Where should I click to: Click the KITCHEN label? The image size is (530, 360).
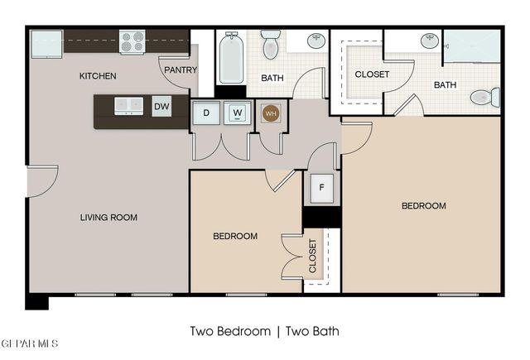98,76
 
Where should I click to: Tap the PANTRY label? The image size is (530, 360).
180,70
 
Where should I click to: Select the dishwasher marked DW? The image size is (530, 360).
161,106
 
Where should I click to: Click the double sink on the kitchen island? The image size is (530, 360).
128,105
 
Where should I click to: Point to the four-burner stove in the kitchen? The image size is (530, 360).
132,41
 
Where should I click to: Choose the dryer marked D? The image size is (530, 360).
205,113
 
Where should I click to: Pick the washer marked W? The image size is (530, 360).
238,113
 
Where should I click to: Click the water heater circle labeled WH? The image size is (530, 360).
271,113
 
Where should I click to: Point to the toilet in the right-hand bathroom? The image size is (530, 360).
484,98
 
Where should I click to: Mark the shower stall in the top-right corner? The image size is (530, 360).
471,46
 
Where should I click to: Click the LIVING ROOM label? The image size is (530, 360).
108,218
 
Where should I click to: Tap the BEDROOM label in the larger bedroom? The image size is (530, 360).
424,206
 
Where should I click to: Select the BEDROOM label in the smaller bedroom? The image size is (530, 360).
235,236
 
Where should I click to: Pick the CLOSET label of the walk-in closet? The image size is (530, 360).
372,74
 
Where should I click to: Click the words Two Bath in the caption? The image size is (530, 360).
312,331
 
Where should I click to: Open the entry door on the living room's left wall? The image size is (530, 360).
41,182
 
